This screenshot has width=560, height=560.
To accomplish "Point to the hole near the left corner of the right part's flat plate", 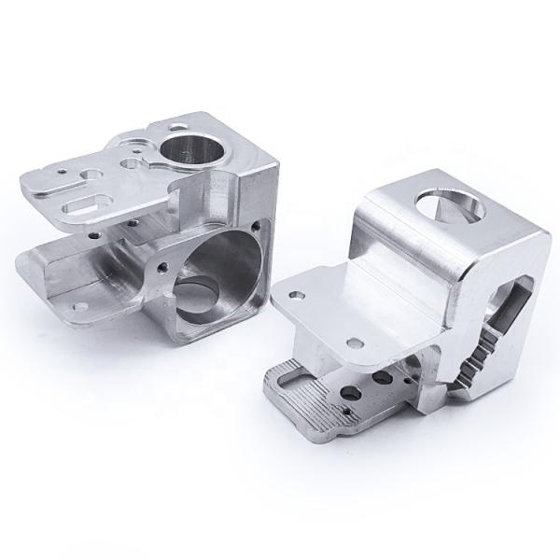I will [297, 293].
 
